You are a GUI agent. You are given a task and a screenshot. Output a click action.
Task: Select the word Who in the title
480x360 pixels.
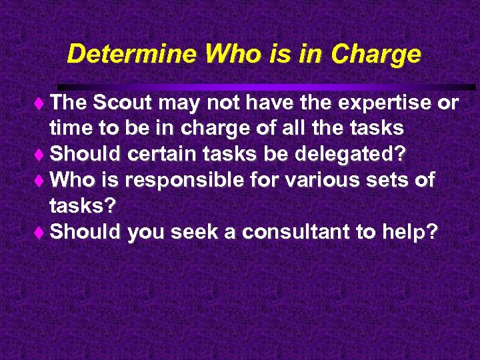tap(231, 54)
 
